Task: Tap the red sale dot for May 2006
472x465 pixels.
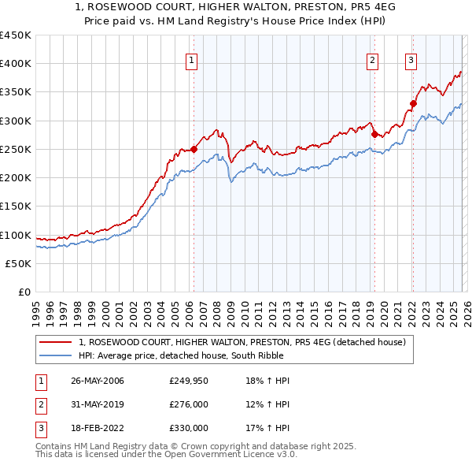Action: click(x=194, y=148)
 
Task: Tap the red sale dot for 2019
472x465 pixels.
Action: click(x=374, y=133)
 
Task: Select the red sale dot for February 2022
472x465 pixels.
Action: click(x=413, y=102)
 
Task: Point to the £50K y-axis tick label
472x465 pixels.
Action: click(x=18, y=264)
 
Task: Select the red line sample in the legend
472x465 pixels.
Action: click(x=56, y=342)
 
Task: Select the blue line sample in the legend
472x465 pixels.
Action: click(x=56, y=355)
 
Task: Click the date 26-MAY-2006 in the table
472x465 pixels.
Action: click(x=97, y=381)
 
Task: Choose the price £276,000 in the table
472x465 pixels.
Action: click(x=189, y=404)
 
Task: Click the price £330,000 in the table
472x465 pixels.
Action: click(x=189, y=428)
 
